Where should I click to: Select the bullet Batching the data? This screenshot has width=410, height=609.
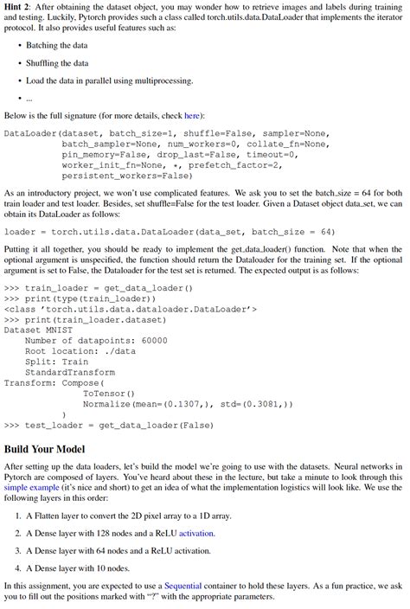click(60, 45)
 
